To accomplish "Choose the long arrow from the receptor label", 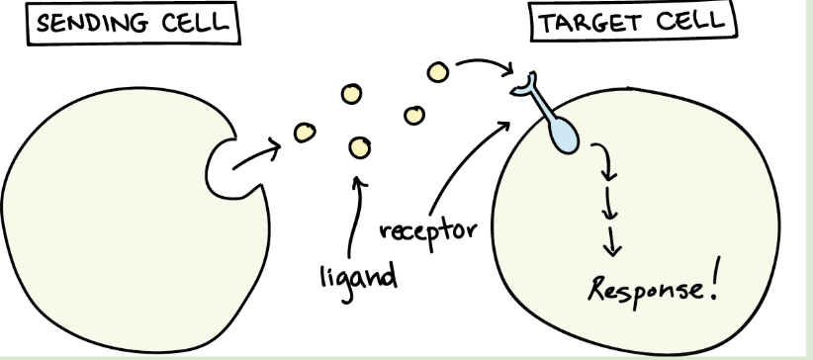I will click(x=465, y=168).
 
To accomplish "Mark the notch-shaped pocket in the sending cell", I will click(x=222, y=165).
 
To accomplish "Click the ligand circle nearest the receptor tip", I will click(x=437, y=72).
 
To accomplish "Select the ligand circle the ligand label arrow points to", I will click(x=358, y=147).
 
